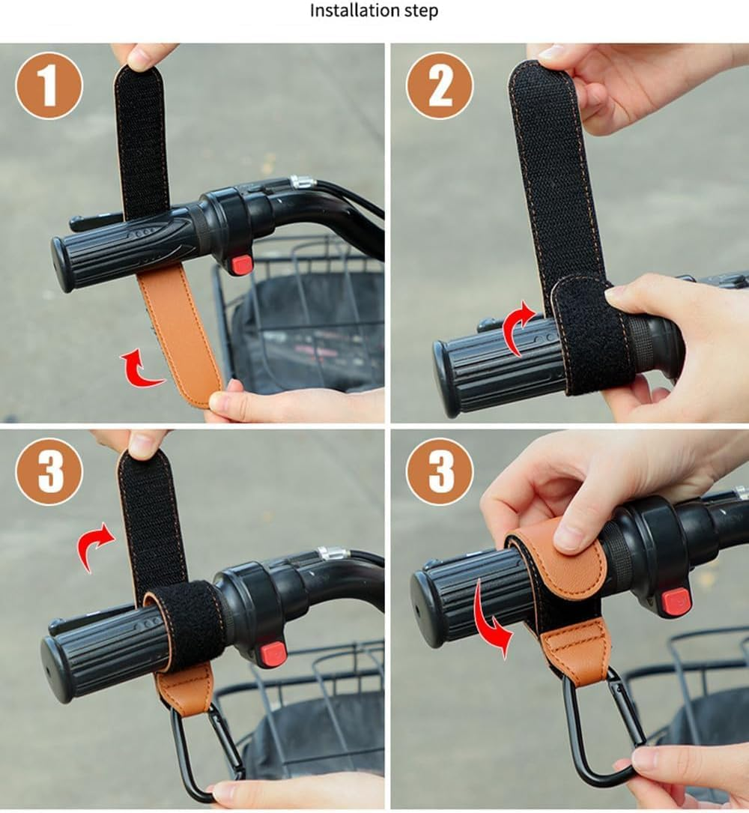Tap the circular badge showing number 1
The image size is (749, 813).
click(x=49, y=85)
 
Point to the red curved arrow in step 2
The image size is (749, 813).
click(x=519, y=327)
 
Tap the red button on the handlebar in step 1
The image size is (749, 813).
click(x=241, y=265)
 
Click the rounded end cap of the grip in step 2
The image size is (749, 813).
click(x=448, y=378)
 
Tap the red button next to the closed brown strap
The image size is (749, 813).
click(x=675, y=601)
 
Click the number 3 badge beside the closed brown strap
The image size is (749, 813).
click(x=440, y=471)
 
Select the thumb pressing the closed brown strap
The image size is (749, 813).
click(x=577, y=532)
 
